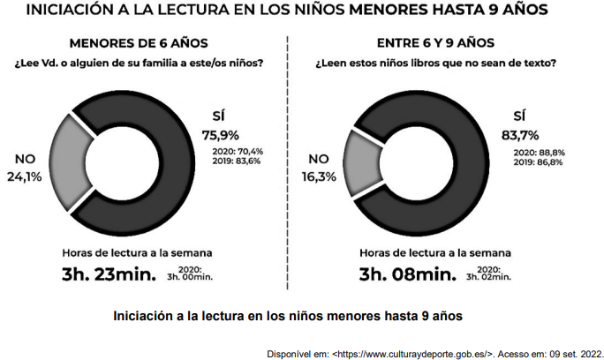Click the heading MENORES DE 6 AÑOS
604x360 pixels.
[x=139, y=42]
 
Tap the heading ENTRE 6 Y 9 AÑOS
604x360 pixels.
[x=435, y=42]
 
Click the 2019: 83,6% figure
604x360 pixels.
[x=238, y=161]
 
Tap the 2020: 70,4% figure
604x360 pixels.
[x=238, y=152]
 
